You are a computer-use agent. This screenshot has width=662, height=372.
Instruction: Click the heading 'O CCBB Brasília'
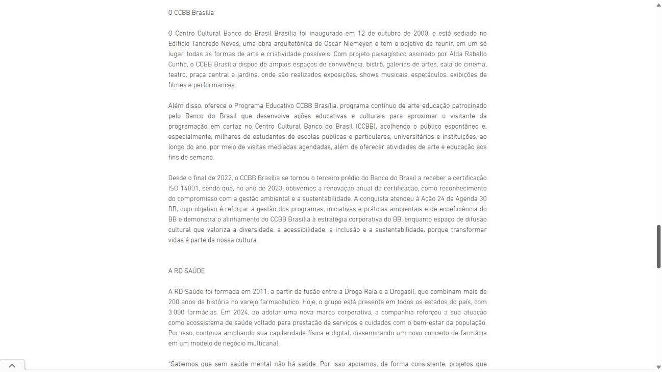191,12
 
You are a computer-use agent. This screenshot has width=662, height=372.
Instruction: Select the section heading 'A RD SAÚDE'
186,271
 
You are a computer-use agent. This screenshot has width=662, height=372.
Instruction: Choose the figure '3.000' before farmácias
177,312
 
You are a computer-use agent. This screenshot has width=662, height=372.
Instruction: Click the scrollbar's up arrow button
658,5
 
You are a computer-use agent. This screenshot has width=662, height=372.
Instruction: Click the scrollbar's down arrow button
658,367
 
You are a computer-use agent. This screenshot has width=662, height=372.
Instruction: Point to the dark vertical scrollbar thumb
658,246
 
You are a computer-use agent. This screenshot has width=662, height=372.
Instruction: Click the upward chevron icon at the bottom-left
12,365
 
